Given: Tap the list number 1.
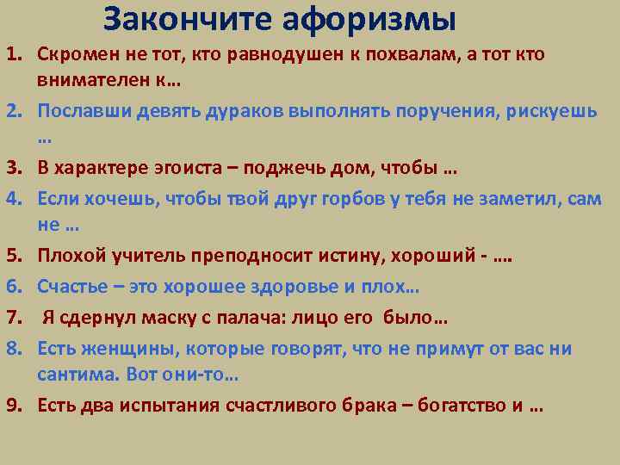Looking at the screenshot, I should (14, 55).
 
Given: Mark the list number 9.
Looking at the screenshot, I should (14, 406).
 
